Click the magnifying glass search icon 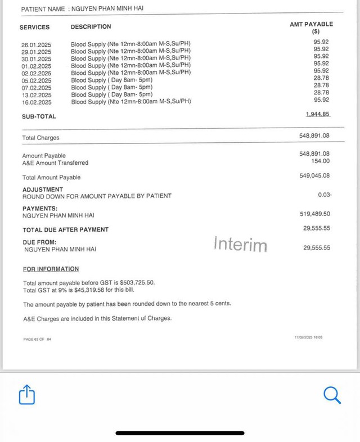click(332, 395)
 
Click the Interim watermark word click(240, 244)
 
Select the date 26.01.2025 click(36, 44)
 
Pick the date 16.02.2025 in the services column click(36, 102)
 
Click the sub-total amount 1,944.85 click(318, 114)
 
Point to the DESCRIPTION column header click(91, 26)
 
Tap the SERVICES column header click(34, 27)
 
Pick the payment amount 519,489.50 click(315, 214)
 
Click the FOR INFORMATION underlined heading click(51, 269)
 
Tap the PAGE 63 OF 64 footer click(37, 339)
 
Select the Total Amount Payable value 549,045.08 click(315, 175)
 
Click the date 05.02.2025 click(36, 80)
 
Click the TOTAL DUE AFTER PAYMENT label click(65, 229)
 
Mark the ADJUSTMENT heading click(43, 190)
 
